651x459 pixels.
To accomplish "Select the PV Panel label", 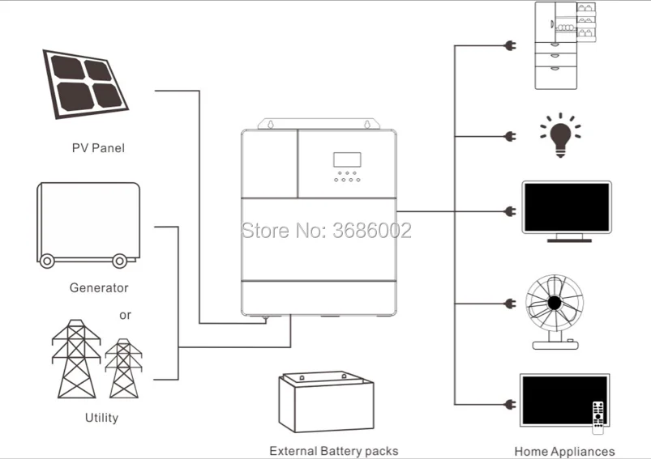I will click(97, 148).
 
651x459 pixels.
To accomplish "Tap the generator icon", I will click(88, 223).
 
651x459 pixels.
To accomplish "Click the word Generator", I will click(99, 287).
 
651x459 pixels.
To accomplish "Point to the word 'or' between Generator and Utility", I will click(125, 315).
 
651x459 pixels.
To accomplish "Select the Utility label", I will click(101, 418).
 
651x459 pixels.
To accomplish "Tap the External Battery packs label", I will click(333, 451).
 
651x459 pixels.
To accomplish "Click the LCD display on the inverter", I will click(349, 160).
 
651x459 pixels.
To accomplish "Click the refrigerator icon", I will click(565, 45).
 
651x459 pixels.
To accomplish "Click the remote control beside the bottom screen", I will click(599, 414).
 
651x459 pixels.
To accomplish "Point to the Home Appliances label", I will click(564, 452).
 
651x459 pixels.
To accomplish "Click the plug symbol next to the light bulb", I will click(510, 136).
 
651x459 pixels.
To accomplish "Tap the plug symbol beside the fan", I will click(510, 304).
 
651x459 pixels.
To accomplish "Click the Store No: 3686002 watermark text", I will click(327, 231).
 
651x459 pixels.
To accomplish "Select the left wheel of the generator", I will click(48, 261).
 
